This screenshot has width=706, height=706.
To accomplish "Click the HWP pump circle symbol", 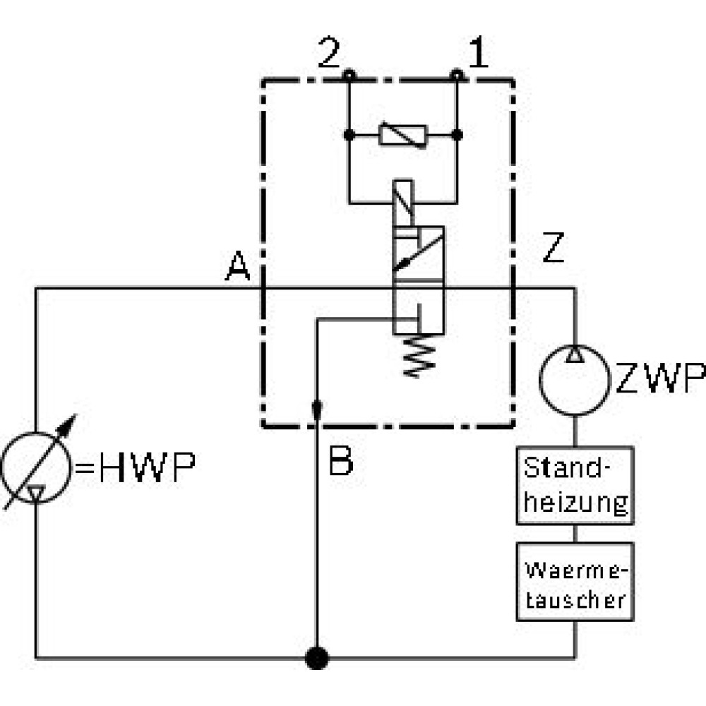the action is coord(35,432).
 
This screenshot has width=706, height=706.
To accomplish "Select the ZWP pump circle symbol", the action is coord(575,345).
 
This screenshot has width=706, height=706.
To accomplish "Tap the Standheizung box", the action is coord(575,486).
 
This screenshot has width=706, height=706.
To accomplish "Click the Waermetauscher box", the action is coord(575,582).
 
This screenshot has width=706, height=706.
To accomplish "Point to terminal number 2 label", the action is coord(329,52).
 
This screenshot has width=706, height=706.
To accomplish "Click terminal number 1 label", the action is coord(478,52).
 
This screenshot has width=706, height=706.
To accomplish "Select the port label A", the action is coord(237,265).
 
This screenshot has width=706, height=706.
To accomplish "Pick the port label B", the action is coord(341,460).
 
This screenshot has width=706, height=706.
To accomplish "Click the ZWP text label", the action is coord(660,378).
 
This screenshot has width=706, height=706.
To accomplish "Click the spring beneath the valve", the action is coord(419,356).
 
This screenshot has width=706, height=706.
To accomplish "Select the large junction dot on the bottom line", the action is coord(317,658).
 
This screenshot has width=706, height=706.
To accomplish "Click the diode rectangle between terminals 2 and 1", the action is coord(402,135).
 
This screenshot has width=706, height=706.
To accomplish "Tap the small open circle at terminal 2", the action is coord(349,75).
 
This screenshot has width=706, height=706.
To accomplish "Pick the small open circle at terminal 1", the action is coord(457,75).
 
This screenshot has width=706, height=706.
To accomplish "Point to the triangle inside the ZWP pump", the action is coord(575,354).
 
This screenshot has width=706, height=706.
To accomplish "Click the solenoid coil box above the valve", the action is coord(403,203).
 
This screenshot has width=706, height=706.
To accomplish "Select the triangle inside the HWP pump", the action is coord(35,493).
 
